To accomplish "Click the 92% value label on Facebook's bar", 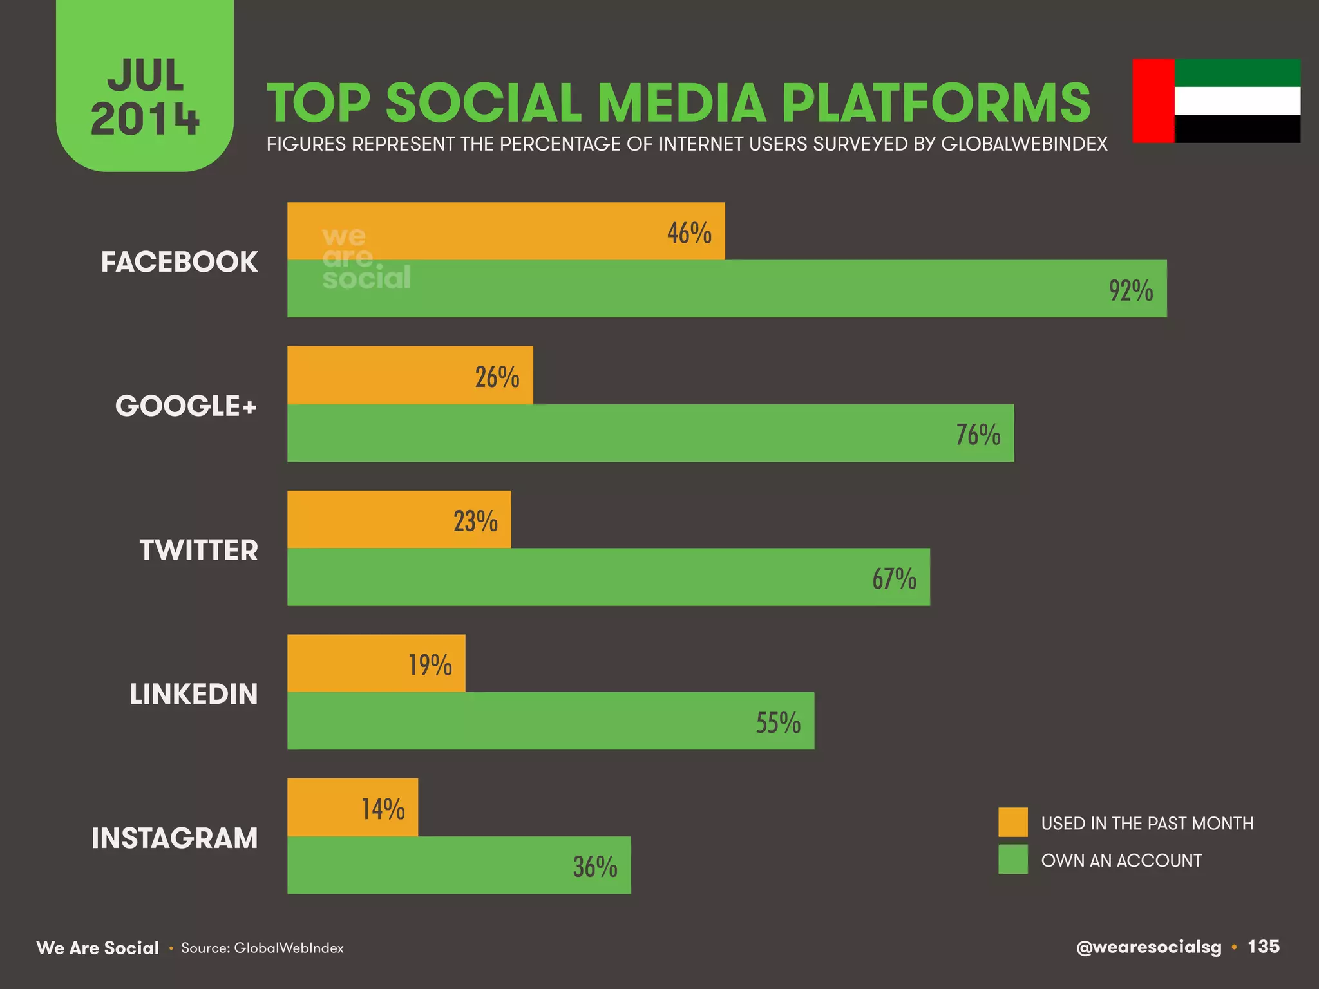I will [x=1130, y=290].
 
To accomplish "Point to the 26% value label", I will [x=497, y=377].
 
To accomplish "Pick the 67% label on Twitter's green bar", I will [x=894, y=578].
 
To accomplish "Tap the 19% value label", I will [x=430, y=664].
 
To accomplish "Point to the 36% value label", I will [x=595, y=867].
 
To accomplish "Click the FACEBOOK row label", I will [x=179, y=262].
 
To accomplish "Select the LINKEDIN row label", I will [x=193, y=694].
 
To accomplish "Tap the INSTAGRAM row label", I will [x=175, y=838].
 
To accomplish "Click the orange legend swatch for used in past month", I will [x=1013, y=822].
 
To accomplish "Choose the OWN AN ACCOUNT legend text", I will [x=1121, y=860].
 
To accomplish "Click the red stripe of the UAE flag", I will [x=1153, y=100].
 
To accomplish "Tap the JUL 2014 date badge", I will [x=145, y=97].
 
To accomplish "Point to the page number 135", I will [x=1263, y=947].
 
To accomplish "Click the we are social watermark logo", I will [x=365, y=258].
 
